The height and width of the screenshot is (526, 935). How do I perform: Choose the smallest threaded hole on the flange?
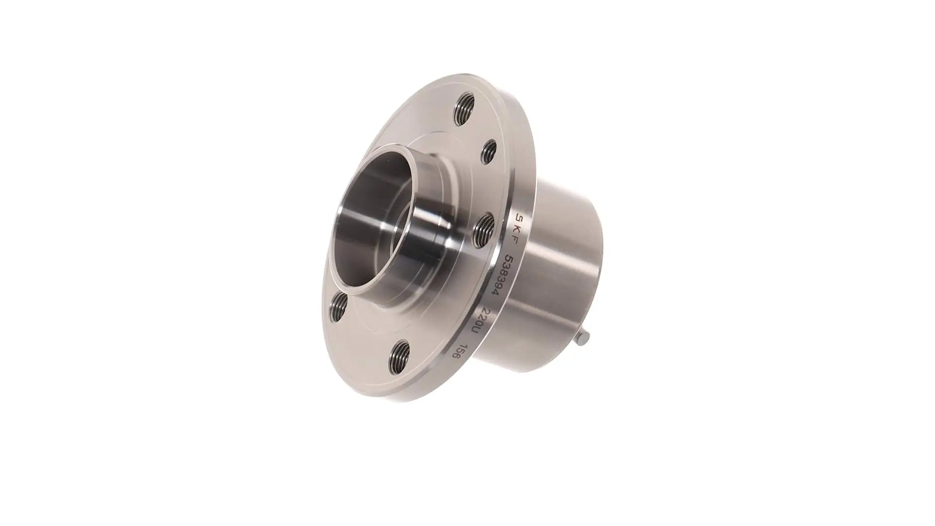tap(489, 151)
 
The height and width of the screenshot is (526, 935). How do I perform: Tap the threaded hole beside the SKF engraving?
tap(484, 227)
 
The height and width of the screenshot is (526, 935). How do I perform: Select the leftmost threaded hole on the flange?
tap(338, 305)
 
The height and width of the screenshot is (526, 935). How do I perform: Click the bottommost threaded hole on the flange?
tap(399, 357)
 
